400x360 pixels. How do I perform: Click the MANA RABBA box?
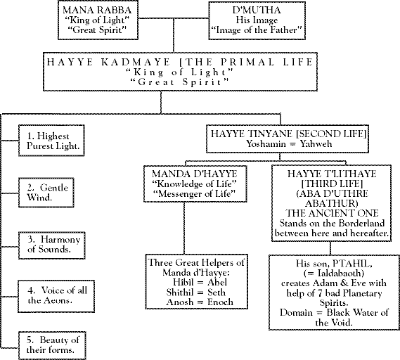coord(98,20)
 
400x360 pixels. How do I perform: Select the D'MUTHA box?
coord(257,20)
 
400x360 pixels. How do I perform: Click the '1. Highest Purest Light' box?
coord(51,141)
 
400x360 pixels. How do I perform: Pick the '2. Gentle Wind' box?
coord(46,193)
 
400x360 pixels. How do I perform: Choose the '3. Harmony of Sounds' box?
coord(52,245)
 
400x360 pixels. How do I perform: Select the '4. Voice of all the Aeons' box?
coord(56,296)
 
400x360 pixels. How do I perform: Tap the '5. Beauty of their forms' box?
coord(52,345)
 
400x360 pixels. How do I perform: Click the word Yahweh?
coord(316,144)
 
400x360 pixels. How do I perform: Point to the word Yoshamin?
coord(266,144)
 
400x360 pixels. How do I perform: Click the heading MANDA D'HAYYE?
coord(195,174)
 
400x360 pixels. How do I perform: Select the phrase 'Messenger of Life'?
coord(194,194)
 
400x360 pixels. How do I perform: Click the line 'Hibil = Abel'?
coord(200,283)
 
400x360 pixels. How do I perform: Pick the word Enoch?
coord(220,302)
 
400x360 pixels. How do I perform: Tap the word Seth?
coord(217,292)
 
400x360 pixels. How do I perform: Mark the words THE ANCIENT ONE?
coord(332,213)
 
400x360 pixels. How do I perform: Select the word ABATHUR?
coord(331,204)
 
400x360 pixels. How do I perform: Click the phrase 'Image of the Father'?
coord(257,30)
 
